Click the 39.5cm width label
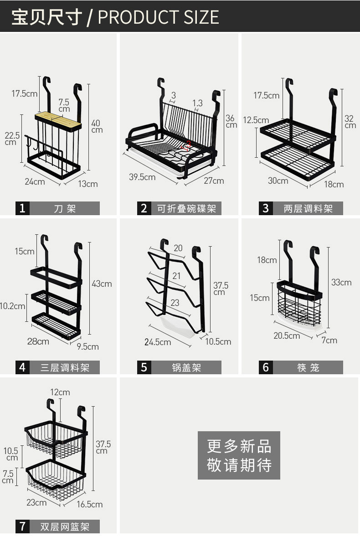(142, 177)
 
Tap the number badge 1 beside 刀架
(22, 209)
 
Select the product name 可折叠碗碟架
(186, 209)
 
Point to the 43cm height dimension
(102, 284)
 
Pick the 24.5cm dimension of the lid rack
(158, 342)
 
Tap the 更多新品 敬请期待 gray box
(239, 455)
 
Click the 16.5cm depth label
(89, 504)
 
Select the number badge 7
(22, 527)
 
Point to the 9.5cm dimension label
(87, 346)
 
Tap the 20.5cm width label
(287, 336)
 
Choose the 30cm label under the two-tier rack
(278, 181)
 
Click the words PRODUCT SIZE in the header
(158, 17)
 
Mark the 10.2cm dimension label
(12, 306)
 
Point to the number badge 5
(144, 367)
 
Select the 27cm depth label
(214, 181)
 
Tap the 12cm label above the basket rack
(60, 392)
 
